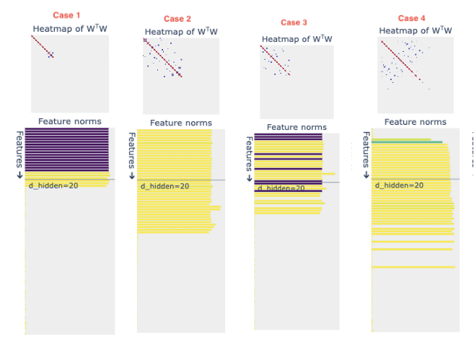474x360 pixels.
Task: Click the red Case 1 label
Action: coord(66,15)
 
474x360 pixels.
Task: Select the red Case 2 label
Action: coord(177,19)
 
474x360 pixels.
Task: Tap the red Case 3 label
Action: coord(294,22)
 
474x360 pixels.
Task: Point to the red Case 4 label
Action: coord(412,18)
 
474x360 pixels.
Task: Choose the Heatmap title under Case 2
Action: coord(181,32)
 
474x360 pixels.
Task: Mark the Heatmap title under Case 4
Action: coord(416,31)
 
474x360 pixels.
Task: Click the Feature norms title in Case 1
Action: coord(69,121)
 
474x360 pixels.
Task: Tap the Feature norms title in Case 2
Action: coord(181,123)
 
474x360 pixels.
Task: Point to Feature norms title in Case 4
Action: coord(416,122)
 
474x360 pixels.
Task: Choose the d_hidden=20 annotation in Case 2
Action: coord(164,186)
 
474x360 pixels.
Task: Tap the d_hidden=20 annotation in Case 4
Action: coord(399,185)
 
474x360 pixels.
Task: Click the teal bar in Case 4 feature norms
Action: coord(408,142)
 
